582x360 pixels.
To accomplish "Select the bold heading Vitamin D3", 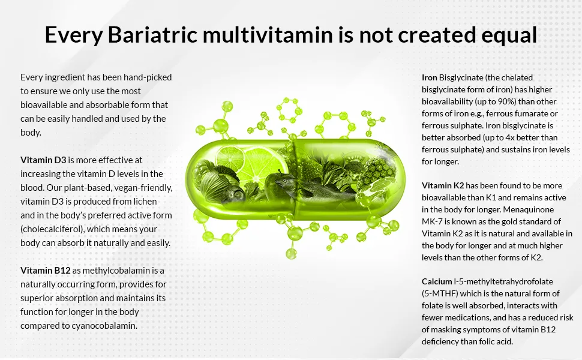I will (x=43, y=160).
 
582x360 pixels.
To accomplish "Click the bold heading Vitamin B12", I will (x=46, y=271).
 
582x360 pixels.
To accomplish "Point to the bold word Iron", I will (x=430, y=77).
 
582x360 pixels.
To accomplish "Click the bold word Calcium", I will (x=437, y=281).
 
